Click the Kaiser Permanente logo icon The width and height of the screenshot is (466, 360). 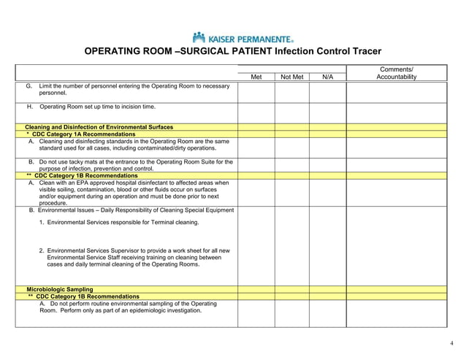(x=199, y=37)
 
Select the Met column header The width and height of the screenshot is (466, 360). (x=256, y=77)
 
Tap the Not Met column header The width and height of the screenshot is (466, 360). (x=292, y=77)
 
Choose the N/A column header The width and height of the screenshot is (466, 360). (x=327, y=77)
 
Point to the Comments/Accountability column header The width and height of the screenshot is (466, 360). (x=396, y=73)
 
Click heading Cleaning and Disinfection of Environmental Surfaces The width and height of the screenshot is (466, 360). (x=99, y=127)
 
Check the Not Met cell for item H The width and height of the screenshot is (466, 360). (x=292, y=112)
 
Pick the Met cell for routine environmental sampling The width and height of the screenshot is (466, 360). (x=256, y=313)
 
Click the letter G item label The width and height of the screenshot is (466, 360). (x=28, y=86)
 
